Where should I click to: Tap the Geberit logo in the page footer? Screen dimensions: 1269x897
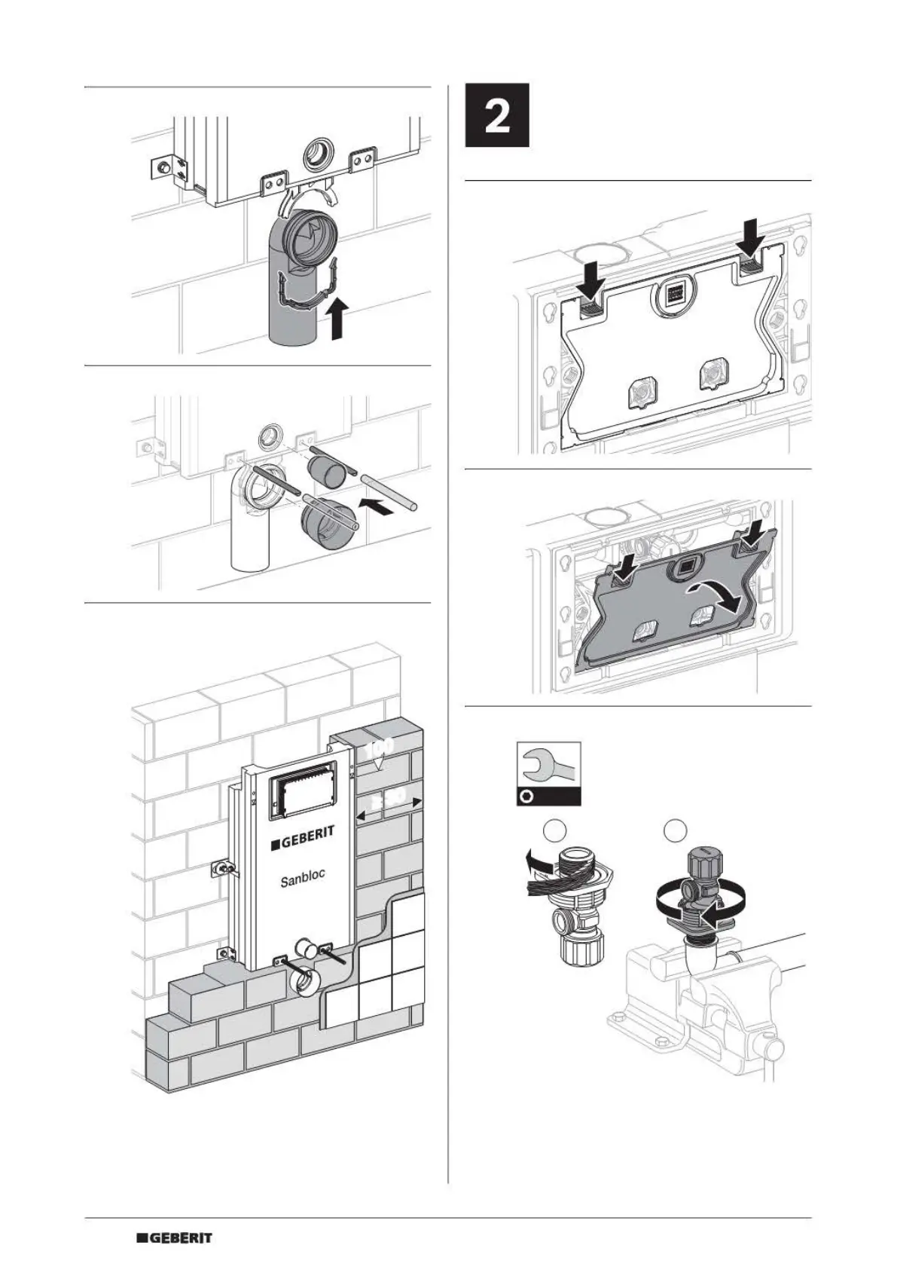174,1237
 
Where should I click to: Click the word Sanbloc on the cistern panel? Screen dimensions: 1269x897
303,879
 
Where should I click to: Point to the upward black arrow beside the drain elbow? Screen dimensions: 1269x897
339,317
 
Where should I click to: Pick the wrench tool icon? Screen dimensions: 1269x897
548,766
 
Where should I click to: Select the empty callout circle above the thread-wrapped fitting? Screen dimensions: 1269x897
554,830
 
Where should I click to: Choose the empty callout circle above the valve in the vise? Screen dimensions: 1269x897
676,830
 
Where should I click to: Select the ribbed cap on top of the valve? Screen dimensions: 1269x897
705,860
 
